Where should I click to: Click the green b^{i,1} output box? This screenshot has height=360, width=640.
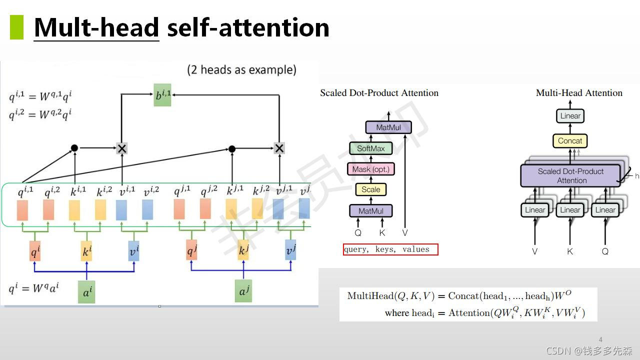(x=162, y=95)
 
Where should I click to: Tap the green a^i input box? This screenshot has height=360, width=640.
(x=86, y=292)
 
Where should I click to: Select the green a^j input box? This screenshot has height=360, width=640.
(x=243, y=291)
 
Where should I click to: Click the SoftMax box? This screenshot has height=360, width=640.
(x=371, y=148)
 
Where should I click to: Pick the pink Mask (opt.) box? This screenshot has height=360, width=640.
(x=370, y=169)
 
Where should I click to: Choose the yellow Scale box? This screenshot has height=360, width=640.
(x=371, y=189)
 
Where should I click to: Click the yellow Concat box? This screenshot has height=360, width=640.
(x=570, y=141)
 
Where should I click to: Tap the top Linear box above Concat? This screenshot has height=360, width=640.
(x=570, y=116)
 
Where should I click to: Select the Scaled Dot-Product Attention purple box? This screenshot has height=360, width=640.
(x=570, y=175)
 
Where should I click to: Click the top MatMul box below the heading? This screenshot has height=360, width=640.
(x=388, y=127)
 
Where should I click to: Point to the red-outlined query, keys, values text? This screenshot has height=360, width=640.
(x=390, y=249)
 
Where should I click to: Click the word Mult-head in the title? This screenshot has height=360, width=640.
(x=96, y=27)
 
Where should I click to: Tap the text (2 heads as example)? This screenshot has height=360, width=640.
(x=241, y=69)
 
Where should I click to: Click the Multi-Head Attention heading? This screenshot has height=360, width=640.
(x=579, y=93)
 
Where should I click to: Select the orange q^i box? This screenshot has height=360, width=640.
(x=35, y=251)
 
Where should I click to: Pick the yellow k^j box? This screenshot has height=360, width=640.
(x=243, y=249)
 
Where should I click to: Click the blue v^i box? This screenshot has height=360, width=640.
(x=133, y=251)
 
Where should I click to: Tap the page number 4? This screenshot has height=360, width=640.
(x=600, y=340)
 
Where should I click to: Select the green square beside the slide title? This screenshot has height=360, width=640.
(x=16, y=27)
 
